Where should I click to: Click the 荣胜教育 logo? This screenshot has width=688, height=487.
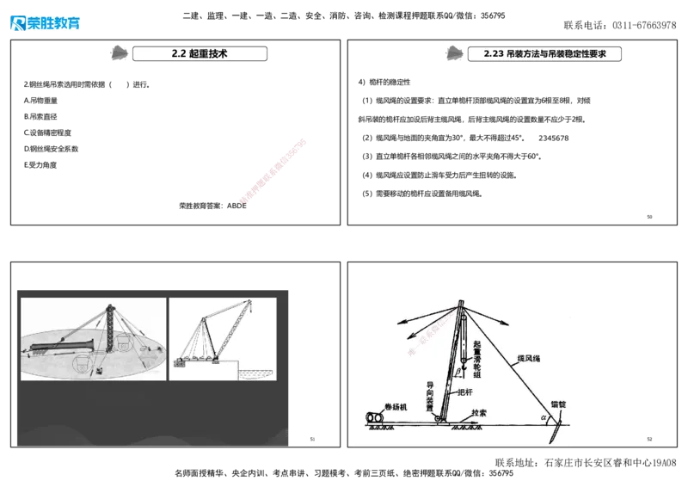45,22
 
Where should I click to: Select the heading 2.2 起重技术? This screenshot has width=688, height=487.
199,53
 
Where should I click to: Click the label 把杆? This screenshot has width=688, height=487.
464,392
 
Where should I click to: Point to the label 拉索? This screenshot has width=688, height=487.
479,413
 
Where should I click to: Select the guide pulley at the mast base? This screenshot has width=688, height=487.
438,420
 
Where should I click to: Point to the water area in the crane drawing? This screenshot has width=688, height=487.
255,373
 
